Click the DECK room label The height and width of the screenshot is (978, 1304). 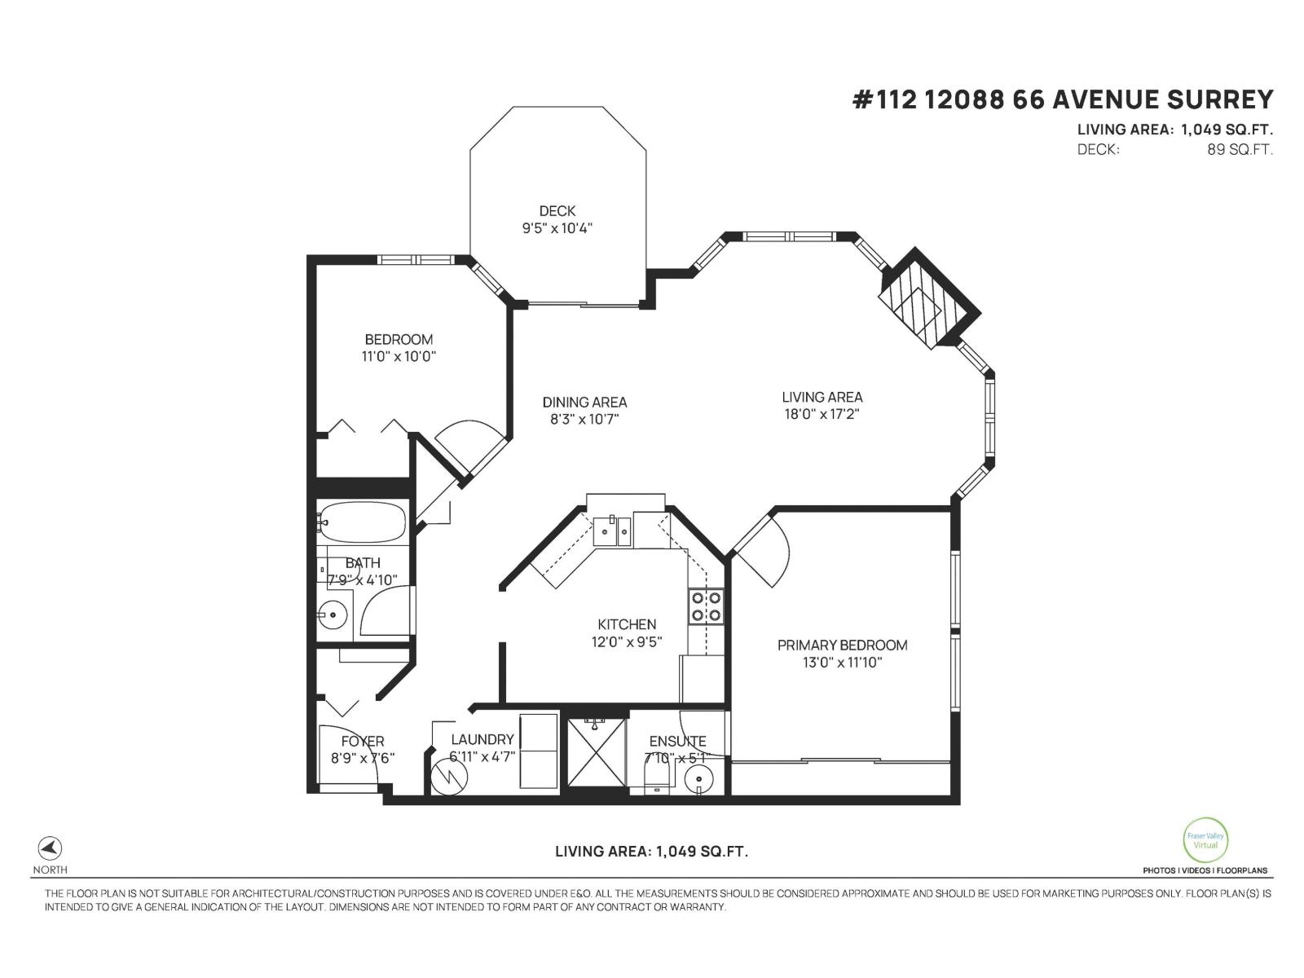pos(557,211)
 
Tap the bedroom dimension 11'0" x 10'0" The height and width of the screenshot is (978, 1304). pos(399,356)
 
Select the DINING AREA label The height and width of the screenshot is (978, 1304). pos(584,402)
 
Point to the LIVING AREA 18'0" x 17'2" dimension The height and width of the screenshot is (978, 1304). pos(822,414)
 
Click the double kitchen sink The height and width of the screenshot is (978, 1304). pos(611,531)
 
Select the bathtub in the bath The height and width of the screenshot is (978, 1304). pos(362,522)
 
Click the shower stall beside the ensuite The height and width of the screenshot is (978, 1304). pos(597,752)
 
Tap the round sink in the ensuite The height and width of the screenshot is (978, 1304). pos(698,782)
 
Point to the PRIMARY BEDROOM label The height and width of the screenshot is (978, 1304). pos(842,645)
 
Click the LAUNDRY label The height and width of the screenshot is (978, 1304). pos(482,739)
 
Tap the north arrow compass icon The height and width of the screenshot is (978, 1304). pos(50,848)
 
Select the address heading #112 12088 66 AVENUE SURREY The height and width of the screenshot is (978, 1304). pos(1062,99)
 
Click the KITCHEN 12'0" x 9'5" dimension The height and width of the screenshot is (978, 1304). pos(626,641)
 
